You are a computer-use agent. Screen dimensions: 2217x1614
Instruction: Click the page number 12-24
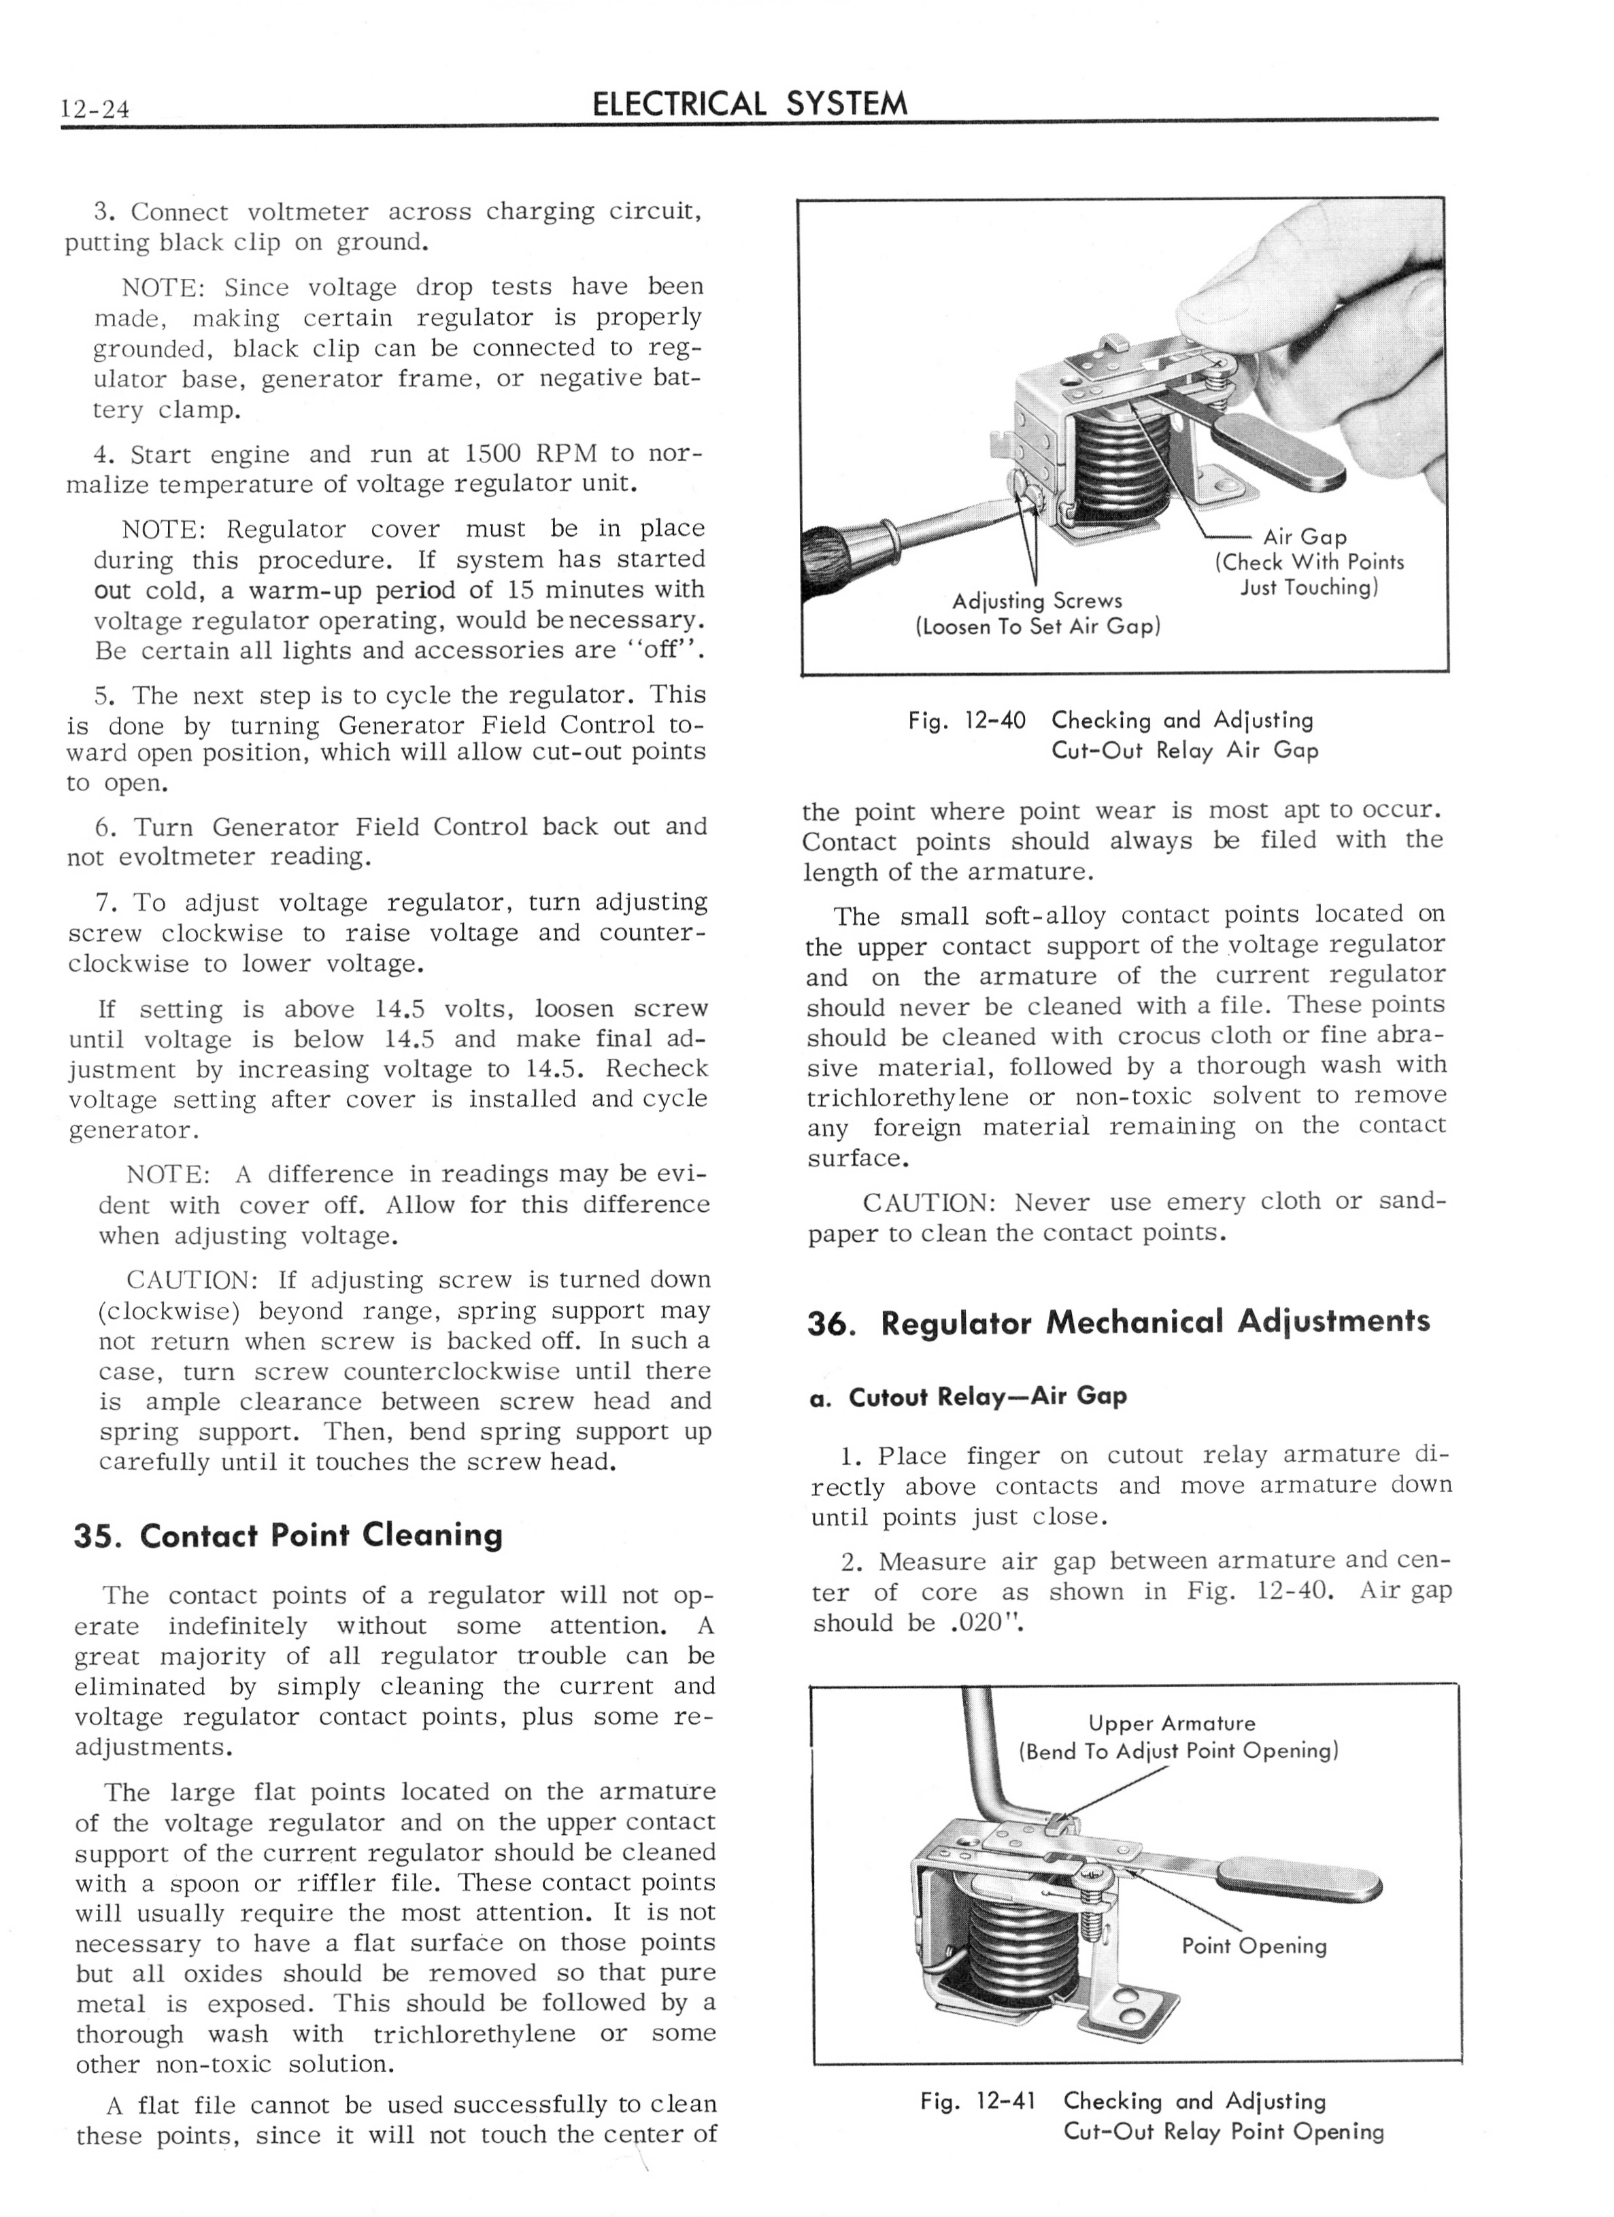pos(95,107)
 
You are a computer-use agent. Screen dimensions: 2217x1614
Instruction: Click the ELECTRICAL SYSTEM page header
pos(750,103)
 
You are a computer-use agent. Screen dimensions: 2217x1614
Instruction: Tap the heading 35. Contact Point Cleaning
pos(288,1535)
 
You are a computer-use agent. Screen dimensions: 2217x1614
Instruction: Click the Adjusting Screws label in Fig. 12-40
pos(1037,601)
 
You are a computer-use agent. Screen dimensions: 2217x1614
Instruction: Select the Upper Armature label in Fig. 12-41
pos(1171,1723)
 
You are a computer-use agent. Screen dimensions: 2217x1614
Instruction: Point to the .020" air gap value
pos(986,1623)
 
